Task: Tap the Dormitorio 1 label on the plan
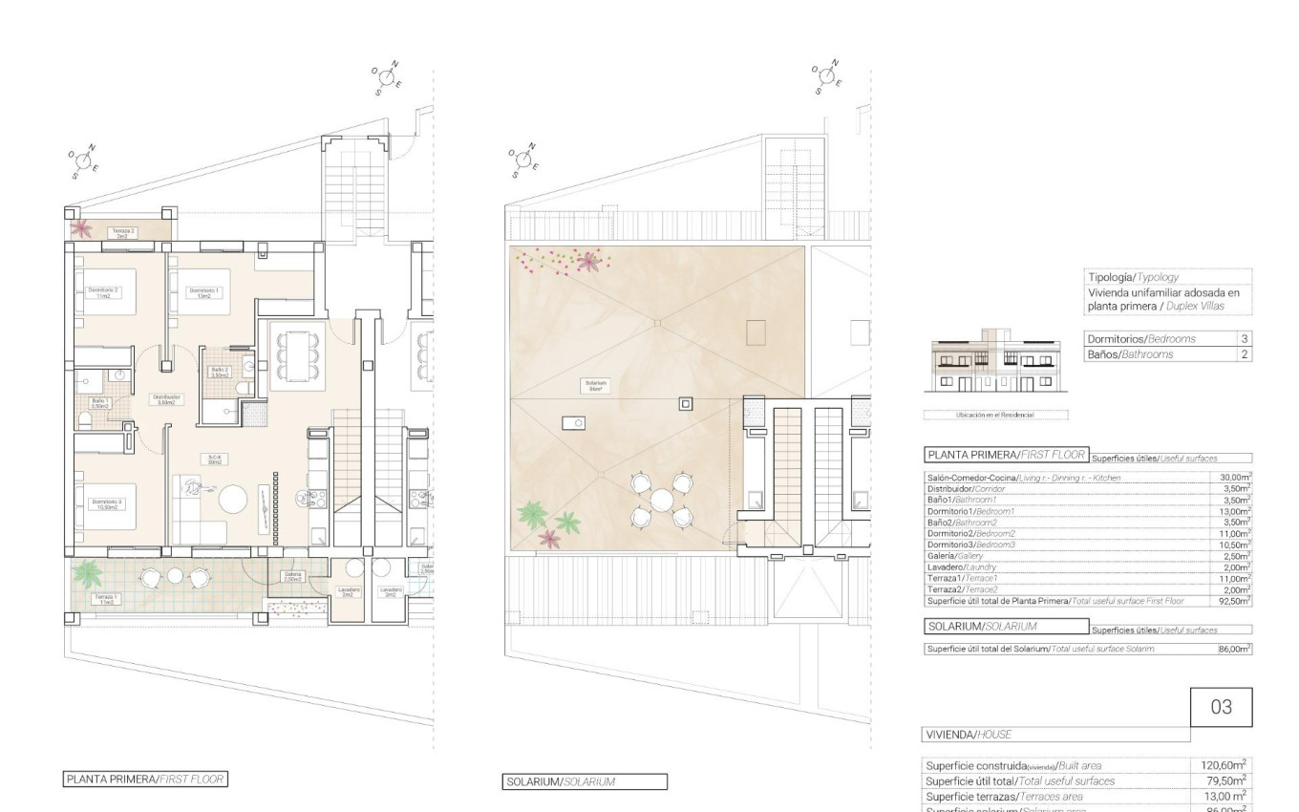click(x=203, y=291)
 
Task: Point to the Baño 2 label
click(x=220, y=372)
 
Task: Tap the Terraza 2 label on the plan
click(x=122, y=232)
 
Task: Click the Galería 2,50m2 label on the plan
click(x=292, y=576)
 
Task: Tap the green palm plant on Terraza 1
click(x=88, y=573)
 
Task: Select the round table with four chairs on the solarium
click(x=661, y=499)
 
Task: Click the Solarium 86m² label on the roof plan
click(x=596, y=385)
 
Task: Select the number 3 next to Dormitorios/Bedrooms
click(x=1244, y=339)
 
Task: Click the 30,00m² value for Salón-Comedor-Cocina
click(x=1235, y=477)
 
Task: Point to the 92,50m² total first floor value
click(x=1235, y=601)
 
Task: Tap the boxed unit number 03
click(x=1221, y=707)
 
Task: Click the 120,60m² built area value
click(x=1224, y=764)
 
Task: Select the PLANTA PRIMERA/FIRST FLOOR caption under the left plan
click(x=145, y=780)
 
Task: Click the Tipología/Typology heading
click(x=1133, y=277)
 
